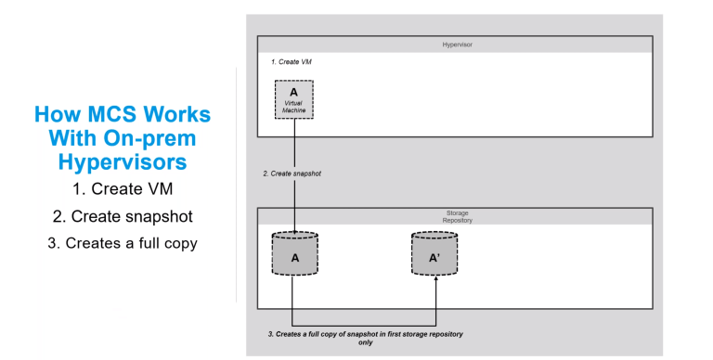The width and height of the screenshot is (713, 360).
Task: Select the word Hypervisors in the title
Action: coord(123,162)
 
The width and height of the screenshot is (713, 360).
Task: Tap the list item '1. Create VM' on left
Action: coord(123,192)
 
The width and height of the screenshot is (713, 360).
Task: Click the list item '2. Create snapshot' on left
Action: coord(123,219)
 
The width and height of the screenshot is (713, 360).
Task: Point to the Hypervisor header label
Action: coord(454,45)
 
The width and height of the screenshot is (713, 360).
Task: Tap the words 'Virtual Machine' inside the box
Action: coord(293,107)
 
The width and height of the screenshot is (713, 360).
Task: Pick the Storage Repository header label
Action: coord(454,217)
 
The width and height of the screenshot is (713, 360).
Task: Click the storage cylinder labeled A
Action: coord(294,257)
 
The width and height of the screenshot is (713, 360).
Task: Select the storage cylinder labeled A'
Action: coord(434,257)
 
